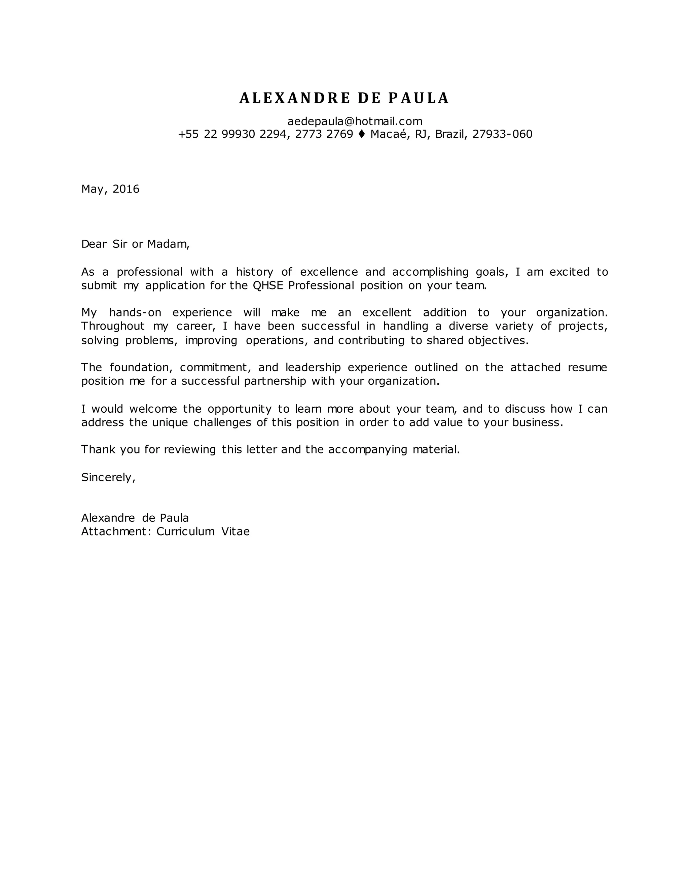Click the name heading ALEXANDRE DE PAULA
click(x=344, y=98)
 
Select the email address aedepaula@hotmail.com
click(x=355, y=121)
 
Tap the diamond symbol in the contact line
click(x=362, y=134)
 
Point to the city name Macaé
click(x=389, y=134)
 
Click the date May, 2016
click(x=110, y=189)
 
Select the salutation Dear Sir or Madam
click(x=135, y=244)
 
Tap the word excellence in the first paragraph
click(x=329, y=272)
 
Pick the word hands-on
click(x=135, y=313)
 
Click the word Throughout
click(x=113, y=326)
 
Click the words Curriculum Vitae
click(x=203, y=532)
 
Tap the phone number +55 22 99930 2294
click(x=232, y=134)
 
